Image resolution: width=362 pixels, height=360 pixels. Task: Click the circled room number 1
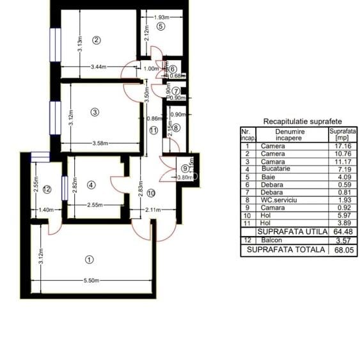point(89,259)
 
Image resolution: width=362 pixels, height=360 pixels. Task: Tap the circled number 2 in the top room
point(97,40)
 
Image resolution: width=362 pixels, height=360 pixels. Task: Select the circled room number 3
point(95,112)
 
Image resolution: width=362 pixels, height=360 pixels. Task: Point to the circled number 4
point(91,185)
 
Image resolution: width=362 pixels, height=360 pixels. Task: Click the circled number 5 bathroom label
point(161,26)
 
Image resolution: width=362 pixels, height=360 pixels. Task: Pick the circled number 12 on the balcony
point(47,189)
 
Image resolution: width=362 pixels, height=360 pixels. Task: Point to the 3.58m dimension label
point(100,143)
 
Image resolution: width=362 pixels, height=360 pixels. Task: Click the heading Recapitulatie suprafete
point(302,121)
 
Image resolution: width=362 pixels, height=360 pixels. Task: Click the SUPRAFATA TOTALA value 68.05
point(343,251)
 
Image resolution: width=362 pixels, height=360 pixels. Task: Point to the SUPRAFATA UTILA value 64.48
point(343,231)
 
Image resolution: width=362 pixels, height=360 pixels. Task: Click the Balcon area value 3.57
point(343,240)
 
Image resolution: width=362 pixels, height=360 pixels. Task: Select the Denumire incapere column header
point(290,134)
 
